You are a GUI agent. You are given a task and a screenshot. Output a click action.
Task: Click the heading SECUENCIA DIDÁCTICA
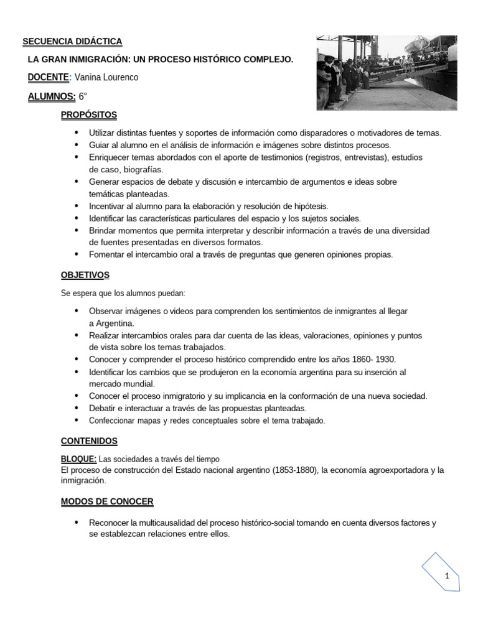tap(72, 42)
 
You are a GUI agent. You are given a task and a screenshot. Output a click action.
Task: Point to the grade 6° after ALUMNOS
tap(83, 96)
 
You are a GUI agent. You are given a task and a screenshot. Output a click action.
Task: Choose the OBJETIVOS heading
tap(85, 274)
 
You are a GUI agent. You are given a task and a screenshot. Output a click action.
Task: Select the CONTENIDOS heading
tap(89, 440)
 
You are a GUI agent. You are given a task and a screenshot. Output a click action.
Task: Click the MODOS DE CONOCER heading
tap(106, 501)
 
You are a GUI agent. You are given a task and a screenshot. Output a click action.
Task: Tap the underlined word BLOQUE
tap(78, 458)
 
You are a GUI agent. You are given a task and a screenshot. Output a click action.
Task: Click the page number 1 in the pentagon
tap(447, 577)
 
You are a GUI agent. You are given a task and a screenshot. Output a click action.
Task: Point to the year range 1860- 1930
tap(370, 360)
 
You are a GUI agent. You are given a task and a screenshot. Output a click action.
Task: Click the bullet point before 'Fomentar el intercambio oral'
tap(76, 254)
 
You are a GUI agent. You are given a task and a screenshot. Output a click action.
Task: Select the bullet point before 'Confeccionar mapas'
tap(76, 420)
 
